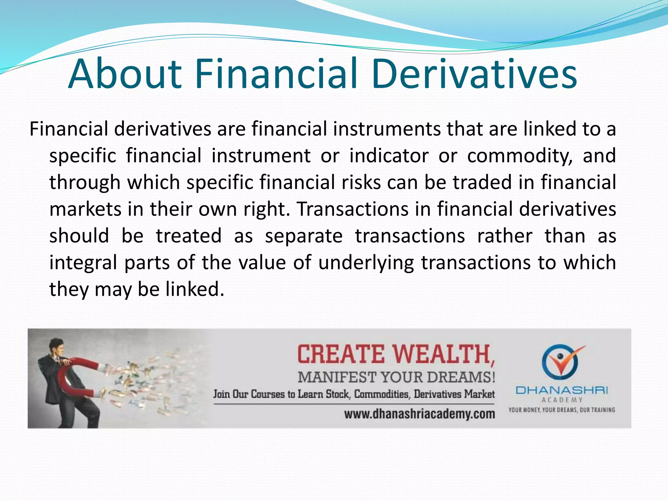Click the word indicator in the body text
coord(389,156)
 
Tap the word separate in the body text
coord(303,236)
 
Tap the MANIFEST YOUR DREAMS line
coord(396,377)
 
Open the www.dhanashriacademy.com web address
coord(419,414)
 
